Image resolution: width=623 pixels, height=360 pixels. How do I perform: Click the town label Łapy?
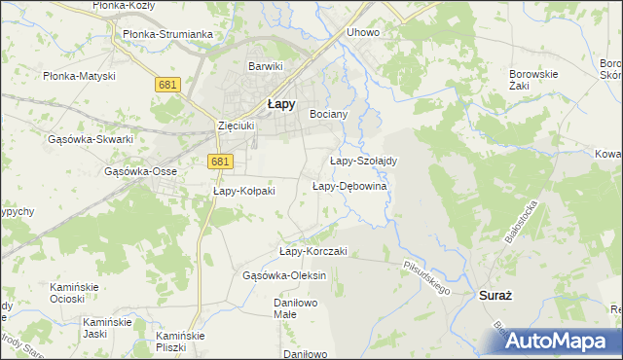tap(282, 106)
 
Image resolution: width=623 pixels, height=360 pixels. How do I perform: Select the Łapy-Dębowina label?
tap(349, 186)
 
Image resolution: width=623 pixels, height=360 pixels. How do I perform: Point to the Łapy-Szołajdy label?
tap(361, 161)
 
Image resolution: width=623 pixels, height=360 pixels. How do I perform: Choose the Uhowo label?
tap(362, 32)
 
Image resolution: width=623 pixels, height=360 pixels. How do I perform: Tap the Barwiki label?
tap(265, 66)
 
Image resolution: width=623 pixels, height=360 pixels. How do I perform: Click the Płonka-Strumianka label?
tap(167, 34)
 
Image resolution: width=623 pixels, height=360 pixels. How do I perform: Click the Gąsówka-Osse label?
tap(140, 171)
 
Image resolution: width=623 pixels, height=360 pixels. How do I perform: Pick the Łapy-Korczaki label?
tap(312, 251)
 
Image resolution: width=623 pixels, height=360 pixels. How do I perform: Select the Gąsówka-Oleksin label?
tap(283, 275)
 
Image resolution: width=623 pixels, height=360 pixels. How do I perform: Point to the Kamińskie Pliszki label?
tap(183, 341)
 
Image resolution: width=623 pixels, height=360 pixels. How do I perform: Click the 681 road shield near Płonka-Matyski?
tap(166, 86)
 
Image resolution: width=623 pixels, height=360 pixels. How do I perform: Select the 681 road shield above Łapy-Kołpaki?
tap(220, 162)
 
